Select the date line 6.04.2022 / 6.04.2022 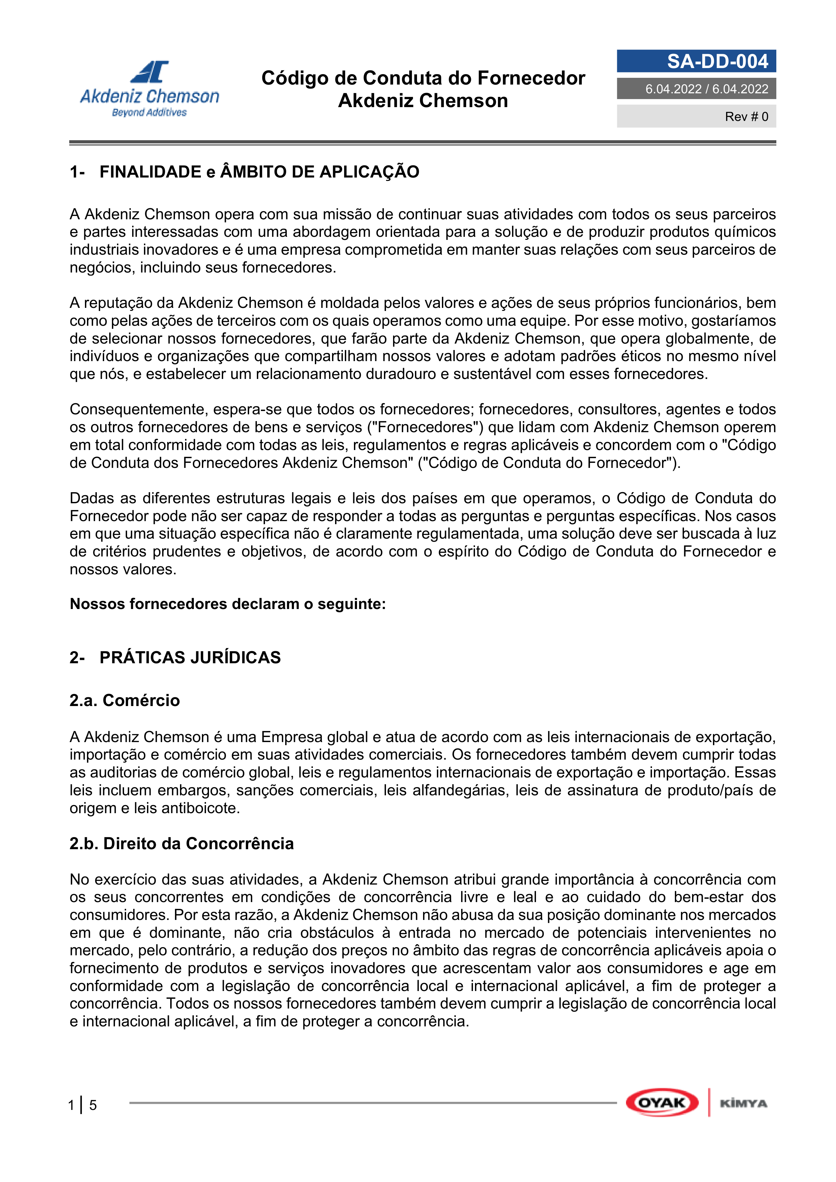click(706, 89)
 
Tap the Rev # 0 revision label click(746, 117)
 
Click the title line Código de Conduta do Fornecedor click(423, 78)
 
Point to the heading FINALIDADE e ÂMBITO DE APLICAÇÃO click(259, 172)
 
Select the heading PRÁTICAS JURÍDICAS click(190, 658)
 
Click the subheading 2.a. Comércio click(125, 700)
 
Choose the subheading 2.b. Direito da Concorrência click(181, 843)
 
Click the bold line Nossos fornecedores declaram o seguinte click(228, 604)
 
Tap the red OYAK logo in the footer click(662, 1103)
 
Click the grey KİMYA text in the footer click(743, 1103)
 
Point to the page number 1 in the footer click(71, 1105)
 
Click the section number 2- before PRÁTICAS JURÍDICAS click(77, 658)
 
